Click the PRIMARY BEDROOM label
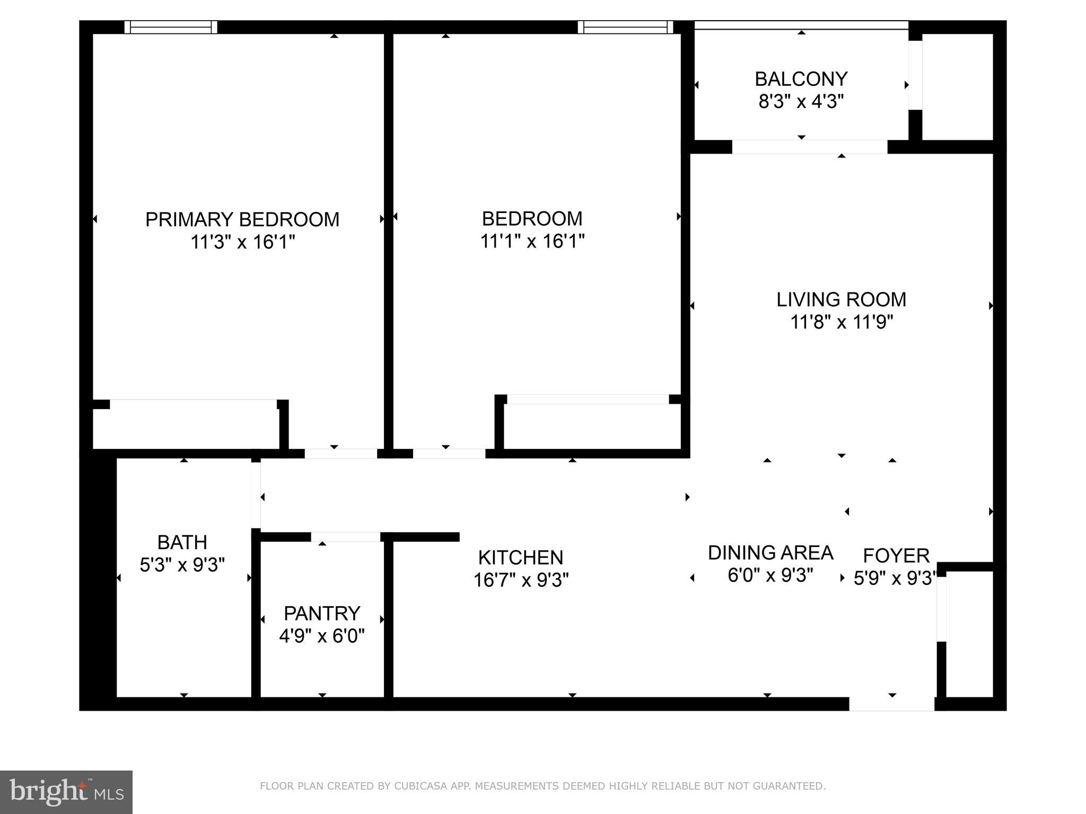(x=242, y=219)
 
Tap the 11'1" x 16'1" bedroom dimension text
(x=532, y=242)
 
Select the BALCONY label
(x=801, y=79)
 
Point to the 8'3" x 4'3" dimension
(x=801, y=101)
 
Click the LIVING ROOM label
(x=841, y=299)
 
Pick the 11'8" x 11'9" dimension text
(x=841, y=322)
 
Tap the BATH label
(x=182, y=542)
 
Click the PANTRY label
(x=322, y=613)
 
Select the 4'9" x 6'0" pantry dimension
(x=322, y=636)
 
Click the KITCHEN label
(x=520, y=558)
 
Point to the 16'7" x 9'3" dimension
(x=520, y=580)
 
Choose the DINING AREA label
(x=770, y=553)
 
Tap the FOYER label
(x=896, y=555)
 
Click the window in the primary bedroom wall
(x=171, y=27)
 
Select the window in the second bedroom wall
(x=625, y=27)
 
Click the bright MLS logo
(x=66, y=792)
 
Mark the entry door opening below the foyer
(x=891, y=704)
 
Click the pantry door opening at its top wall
(x=346, y=537)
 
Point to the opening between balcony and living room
(x=809, y=147)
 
